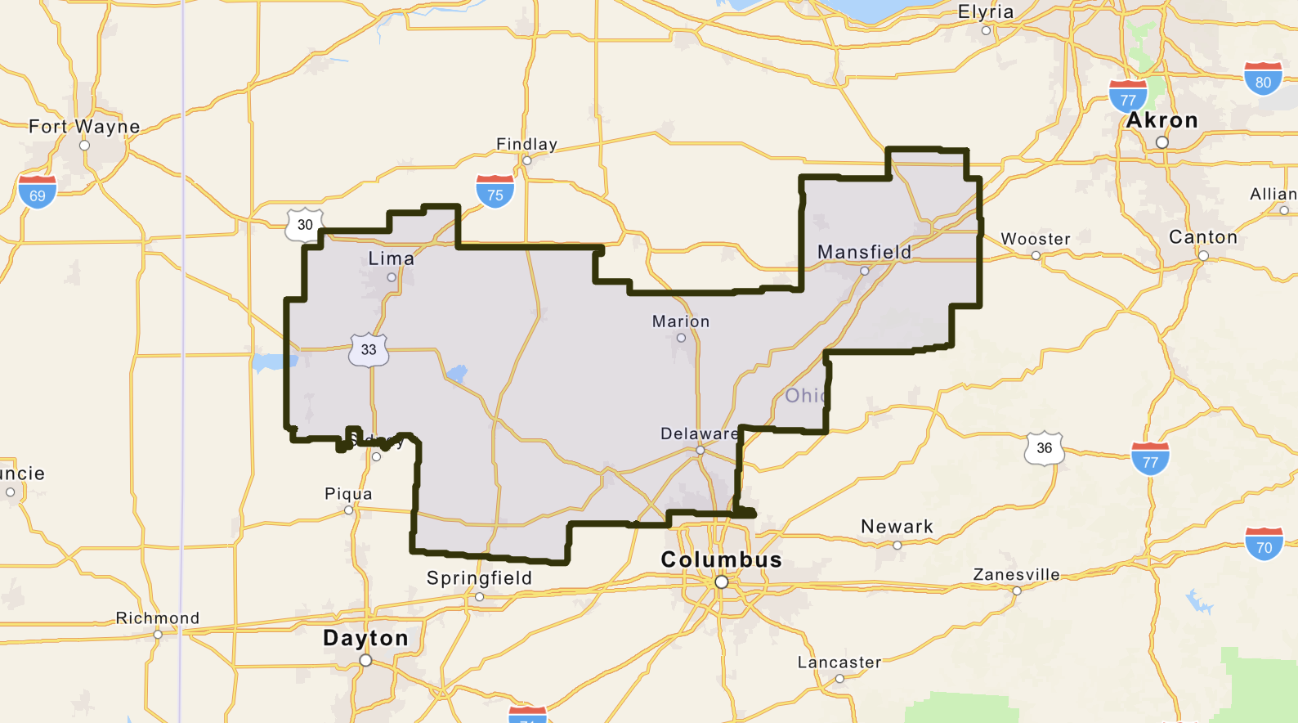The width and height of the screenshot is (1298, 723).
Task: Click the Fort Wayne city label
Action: point(84,127)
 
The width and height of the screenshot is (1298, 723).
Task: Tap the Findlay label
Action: point(526,145)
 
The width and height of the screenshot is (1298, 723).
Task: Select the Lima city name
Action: point(391,258)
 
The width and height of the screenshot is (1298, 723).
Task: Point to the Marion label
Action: point(680,321)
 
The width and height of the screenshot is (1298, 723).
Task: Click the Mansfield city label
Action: point(864,252)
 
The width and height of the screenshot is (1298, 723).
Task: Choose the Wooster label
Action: point(1035,239)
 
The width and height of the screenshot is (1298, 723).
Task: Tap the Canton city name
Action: point(1202,237)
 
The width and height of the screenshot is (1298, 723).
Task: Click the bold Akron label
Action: point(1161,120)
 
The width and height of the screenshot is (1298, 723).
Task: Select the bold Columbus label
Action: point(721,559)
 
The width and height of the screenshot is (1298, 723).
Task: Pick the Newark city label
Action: point(897,527)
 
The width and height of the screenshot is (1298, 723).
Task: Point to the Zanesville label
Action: point(1016,575)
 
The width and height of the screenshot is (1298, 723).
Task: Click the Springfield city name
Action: point(479,578)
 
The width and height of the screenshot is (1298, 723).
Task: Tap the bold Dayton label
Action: point(365,638)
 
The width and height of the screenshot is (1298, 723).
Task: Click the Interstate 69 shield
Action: point(38,192)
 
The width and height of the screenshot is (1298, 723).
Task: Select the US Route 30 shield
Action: point(305,224)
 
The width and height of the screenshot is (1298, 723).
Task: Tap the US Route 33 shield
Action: point(369,349)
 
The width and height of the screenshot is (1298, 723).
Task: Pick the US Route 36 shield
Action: point(1044,447)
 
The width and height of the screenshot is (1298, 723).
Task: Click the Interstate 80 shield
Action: point(1263,79)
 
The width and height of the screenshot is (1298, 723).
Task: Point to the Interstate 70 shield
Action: point(1264,544)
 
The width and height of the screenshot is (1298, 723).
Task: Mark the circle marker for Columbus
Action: point(721,582)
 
